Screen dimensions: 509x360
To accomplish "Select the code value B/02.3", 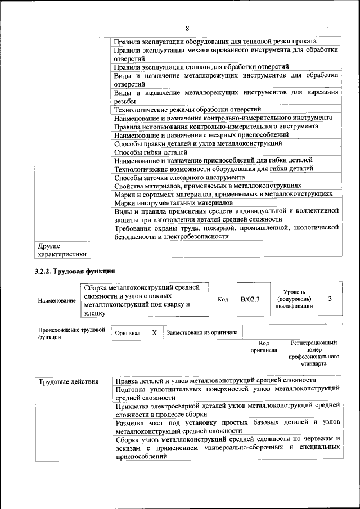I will [x=250, y=300].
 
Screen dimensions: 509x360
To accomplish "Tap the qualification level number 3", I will [x=330, y=299].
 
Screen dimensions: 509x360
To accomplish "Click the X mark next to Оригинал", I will [x=154, y=333].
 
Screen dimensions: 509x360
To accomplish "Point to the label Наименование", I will [x=57, y=301].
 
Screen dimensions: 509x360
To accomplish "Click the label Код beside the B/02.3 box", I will [x=223, y=299].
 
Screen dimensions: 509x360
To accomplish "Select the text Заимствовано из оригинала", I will [x=202, y=332].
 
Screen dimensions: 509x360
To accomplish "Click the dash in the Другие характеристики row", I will [x=116, y=246].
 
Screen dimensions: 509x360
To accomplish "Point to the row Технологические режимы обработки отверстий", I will [x=187, y=109].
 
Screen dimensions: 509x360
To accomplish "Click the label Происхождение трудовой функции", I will [x=71, y=334].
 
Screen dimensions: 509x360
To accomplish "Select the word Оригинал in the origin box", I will [x=128, y=333].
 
